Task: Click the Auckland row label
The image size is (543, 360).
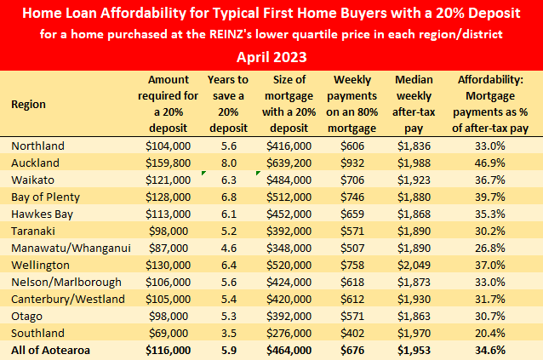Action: click(x=35, y=162)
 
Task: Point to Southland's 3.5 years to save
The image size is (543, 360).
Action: click(x=227, y=332)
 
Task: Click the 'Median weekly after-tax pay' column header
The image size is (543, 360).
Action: click(x=414, y=104)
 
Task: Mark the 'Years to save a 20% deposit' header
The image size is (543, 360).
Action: click(x=227, y=104)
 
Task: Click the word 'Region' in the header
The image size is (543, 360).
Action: click(x=28, y=104)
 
